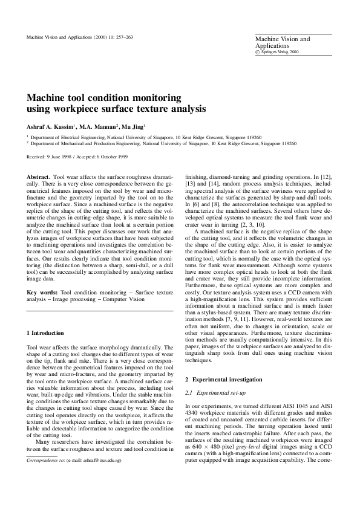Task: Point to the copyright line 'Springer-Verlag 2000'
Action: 280,53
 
